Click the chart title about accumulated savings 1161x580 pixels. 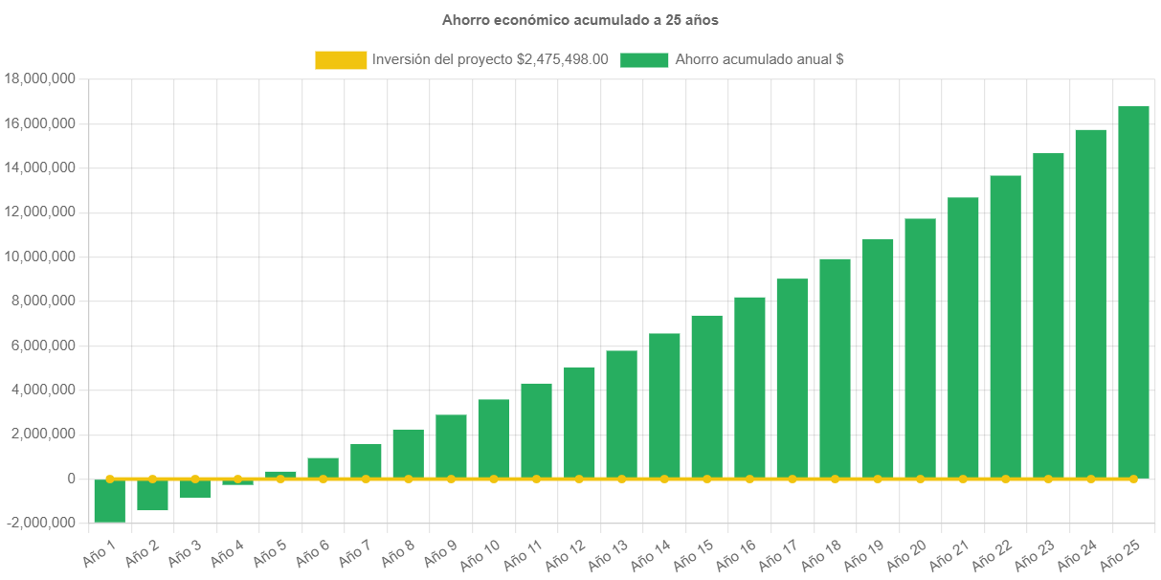coord(580,19)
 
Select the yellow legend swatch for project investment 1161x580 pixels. coord(340,59)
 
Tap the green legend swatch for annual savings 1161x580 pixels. coord(644,59)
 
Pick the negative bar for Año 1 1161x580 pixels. coord(109,501)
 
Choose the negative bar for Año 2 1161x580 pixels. coord(152,495)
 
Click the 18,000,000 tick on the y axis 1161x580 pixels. coord(40,78)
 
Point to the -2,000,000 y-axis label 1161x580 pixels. coord(40,523)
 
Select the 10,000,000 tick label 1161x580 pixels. coord(40,257)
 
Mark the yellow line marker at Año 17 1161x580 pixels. coord(792,479)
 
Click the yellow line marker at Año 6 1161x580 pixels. coord(323,479)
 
